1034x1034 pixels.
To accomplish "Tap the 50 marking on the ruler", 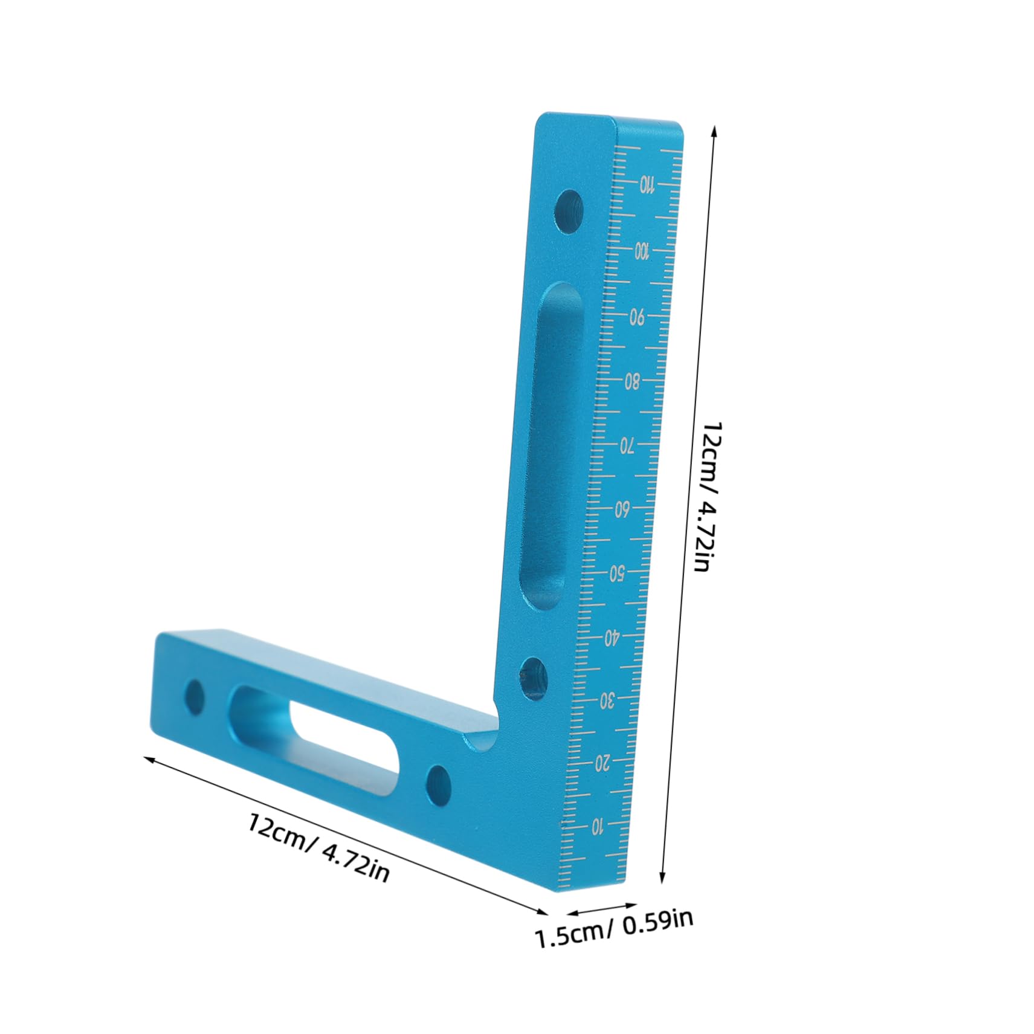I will [616, 574].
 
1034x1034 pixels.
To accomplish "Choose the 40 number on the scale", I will [612, 636].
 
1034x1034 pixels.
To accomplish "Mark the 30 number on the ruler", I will [607, 702].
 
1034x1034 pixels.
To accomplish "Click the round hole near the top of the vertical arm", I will [569, 211].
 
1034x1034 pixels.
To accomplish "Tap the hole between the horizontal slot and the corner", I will [439, 784].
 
